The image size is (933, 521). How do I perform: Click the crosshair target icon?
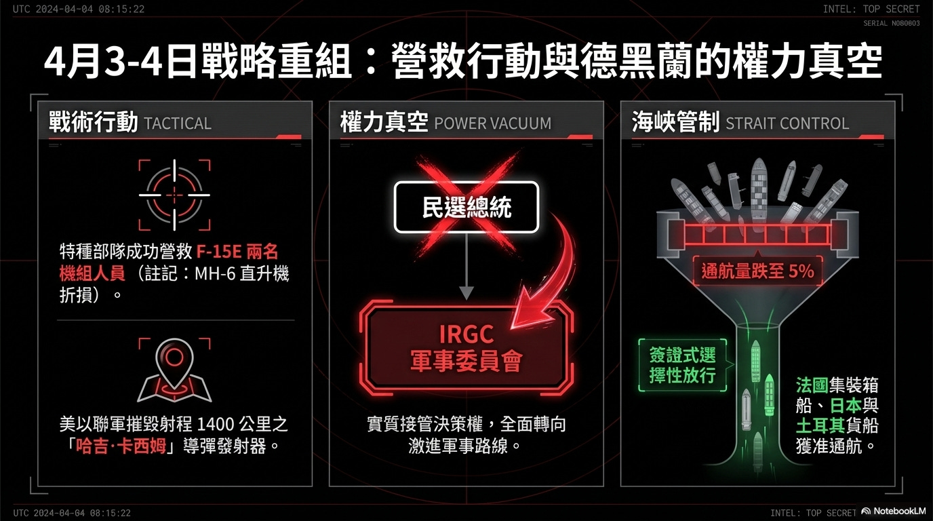click(175, 195)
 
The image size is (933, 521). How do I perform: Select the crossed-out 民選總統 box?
click(466, 208)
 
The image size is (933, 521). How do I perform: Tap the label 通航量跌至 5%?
click(757, 271)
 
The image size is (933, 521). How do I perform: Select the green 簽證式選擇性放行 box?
click(682, 365)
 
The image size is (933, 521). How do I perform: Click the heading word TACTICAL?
click(178, 123)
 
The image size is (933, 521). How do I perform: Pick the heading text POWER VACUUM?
click(492, 123)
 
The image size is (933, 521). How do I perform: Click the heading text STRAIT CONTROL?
click(787, 123)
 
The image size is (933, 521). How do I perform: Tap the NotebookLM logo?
click(895, 512)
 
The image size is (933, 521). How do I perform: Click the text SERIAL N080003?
click(891, 23)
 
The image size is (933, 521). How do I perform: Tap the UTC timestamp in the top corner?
click(79, 9)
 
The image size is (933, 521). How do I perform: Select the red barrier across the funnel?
click(757, 235)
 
